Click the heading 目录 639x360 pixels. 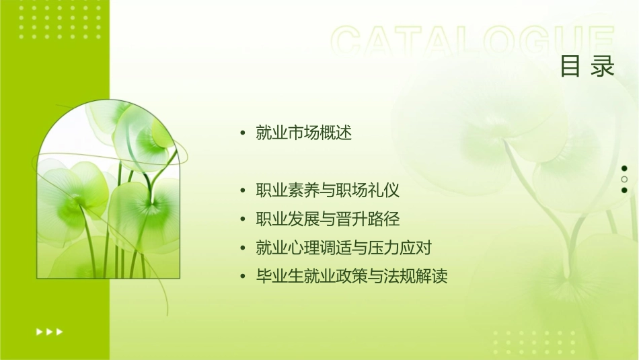click(x=587, y=67)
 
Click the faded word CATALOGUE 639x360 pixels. click(x=473, y=42)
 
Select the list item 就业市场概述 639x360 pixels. click(x=304, y=133)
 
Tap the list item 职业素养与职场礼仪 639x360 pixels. click(x=328, y=190)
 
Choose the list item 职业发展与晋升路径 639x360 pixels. click(x=328, y=219)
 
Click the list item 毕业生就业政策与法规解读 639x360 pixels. click(x=352, y=277)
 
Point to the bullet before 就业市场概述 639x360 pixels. click(x=243, y=133)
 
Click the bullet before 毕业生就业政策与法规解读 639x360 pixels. click(x=243, y=277)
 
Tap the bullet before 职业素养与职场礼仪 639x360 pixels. click(x=243, y=191)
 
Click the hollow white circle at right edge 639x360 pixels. click(x=624, y=179)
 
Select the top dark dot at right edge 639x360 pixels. click(x=624, y=168)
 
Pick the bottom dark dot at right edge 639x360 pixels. click(x=624, y=190)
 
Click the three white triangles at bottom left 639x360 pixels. click(x=50, y=331)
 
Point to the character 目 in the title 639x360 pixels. click(x=570, y=67)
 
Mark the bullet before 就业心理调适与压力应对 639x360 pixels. click(x=243, y=249)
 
